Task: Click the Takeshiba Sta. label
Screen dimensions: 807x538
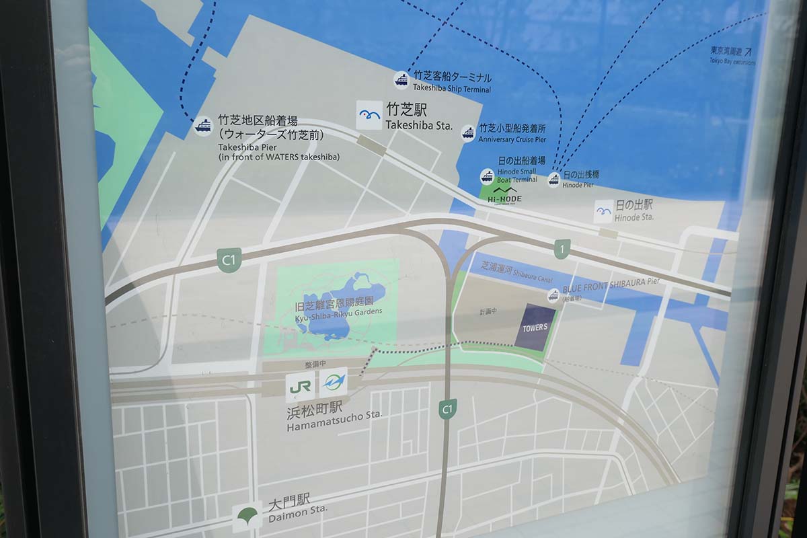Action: click(418, 126)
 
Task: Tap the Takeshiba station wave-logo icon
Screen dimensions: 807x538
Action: click(369, 115)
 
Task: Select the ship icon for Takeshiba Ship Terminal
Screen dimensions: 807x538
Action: click(401, 80)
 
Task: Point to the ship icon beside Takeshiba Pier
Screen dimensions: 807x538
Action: click(203, 126)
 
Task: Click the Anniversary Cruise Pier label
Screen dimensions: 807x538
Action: click(512, 139)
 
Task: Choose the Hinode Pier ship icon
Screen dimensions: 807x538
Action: click(553, 180)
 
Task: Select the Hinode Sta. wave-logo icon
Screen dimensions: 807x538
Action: click(603, 211)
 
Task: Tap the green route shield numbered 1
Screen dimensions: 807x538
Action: click(562, 249)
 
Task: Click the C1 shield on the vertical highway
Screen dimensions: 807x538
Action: click(447, 409)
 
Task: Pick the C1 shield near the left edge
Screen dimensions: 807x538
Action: click(229, 260)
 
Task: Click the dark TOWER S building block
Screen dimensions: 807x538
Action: click(535, 327)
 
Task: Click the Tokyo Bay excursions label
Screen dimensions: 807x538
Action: click(732, 56)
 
